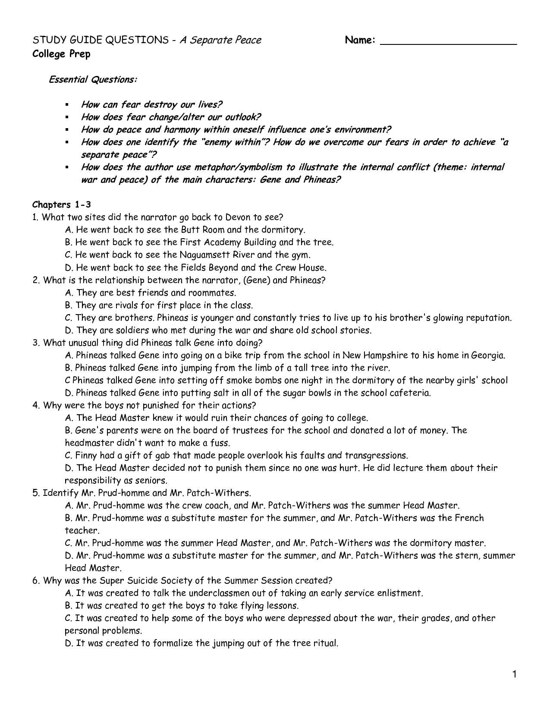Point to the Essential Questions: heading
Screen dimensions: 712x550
[x=93, y=80]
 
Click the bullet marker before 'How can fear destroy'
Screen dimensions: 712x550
[x=67, y=105]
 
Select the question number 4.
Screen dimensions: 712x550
[x=36, y=405]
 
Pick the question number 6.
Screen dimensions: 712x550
[x=36, y=580]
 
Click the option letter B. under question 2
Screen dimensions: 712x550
[x=69, y=305]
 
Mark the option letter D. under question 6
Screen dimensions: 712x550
[x=69, y=643]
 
